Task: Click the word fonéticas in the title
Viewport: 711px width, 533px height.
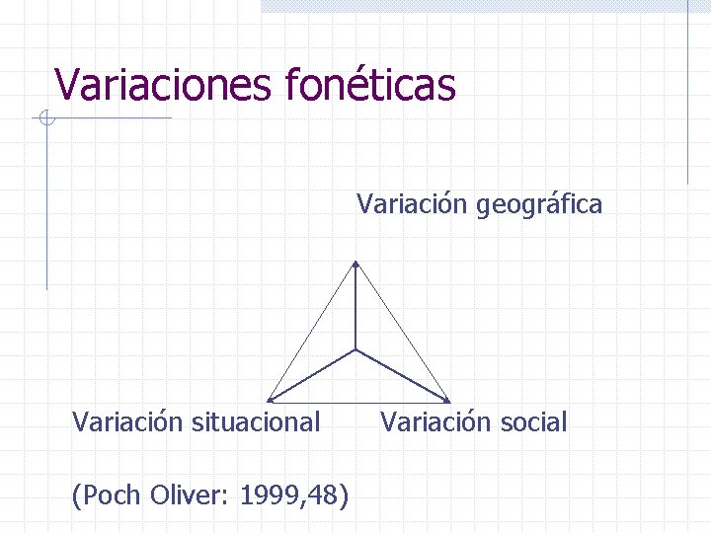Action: click(370, 85)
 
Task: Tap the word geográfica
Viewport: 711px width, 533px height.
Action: click(539, 205)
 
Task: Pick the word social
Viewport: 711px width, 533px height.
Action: click(533, 422)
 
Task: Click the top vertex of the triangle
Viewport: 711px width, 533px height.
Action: click(355, 264)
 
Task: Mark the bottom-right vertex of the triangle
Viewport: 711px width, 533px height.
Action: click(448, 401)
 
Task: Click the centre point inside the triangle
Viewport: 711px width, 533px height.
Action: click(355, 349)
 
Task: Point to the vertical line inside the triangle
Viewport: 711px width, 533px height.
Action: click(355, 306)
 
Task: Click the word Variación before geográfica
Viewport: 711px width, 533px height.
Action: click(413, 205)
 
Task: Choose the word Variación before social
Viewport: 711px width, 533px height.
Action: click(430, 422)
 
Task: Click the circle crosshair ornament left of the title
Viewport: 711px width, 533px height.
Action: click(45, 120)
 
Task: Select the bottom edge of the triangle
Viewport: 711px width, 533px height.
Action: click(358, 401)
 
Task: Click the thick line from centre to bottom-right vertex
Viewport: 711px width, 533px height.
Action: click(402, 375)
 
